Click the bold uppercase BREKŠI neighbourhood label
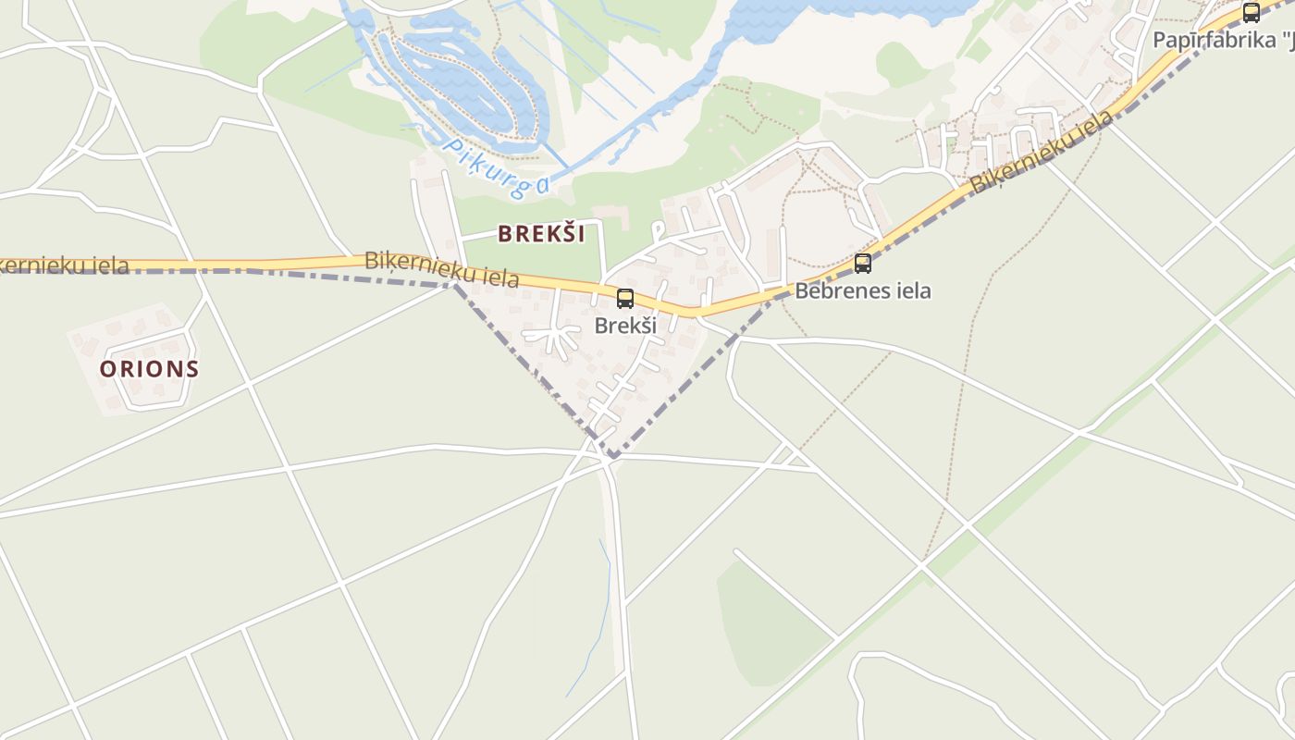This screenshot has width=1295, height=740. click(541, 233)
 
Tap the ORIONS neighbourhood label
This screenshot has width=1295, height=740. click(149, 368)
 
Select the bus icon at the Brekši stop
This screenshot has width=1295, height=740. click(625, 298)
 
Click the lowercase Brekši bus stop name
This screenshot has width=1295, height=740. click(625, 326)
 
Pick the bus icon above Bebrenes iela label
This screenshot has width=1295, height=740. click(863, 264)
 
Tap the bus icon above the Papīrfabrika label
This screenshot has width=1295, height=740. click(1252, 13)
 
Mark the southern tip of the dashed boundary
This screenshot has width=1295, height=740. click(611, 456)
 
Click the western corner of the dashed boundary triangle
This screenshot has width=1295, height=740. click(455, 285)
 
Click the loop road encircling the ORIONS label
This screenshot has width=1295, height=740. click(191, 388)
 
